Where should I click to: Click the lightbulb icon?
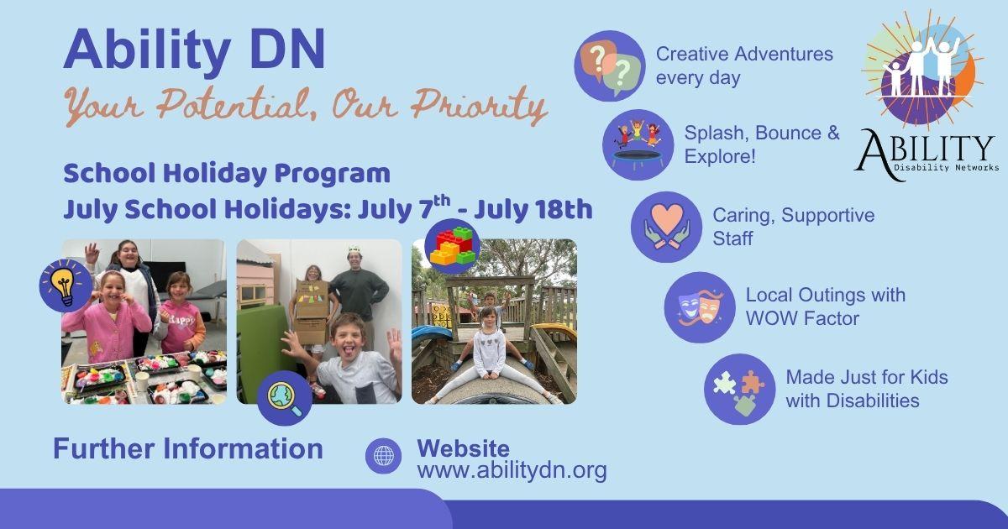(x=66, y=285)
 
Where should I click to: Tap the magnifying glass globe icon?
(x=285, y=398)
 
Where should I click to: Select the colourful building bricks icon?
(x=452, y=246)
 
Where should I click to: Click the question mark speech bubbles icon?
(x=610, y=65)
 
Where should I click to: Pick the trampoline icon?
(x=638, y=144)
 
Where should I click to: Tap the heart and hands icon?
(x=666, y=228)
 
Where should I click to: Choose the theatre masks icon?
(x=700, y=307)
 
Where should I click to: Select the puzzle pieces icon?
(x=740, y=389)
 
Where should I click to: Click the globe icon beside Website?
(x=383, y=456)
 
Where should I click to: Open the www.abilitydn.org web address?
(x=512, y=470)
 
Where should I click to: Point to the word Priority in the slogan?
(x=479, y=107)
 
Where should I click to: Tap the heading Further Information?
(x=188, y=448)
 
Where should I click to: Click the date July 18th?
(x=533, y=210)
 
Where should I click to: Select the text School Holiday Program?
(x=227, y=174)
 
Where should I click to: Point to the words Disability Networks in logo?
(x=946, y=168)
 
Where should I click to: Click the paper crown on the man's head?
(x=354, y=249)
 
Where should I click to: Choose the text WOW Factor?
(x=802, y=318)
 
